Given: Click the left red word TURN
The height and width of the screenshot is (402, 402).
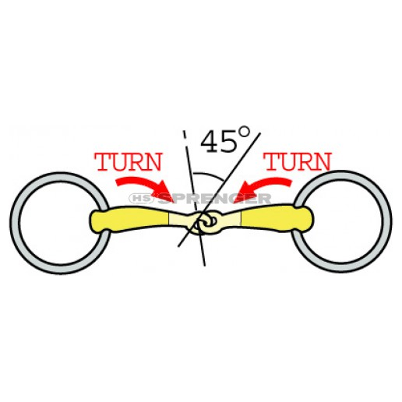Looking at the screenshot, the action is tap(129, 162).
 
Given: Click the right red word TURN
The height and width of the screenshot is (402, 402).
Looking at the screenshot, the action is tap(298, 161).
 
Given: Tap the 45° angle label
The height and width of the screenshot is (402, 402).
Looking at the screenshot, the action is tap(225, 139).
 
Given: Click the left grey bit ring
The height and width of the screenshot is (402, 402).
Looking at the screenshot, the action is tap(15, 223).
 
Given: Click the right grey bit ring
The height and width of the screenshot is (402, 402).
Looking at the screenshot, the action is tap(387, 221).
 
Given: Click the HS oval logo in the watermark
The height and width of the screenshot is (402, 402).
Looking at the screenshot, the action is tap(142, 199).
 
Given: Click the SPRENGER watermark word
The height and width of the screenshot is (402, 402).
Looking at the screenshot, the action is tap(214, 199).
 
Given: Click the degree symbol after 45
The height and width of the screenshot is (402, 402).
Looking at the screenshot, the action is tap(245, 132).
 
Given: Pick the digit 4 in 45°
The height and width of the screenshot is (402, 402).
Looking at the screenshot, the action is tap(210, 142).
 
